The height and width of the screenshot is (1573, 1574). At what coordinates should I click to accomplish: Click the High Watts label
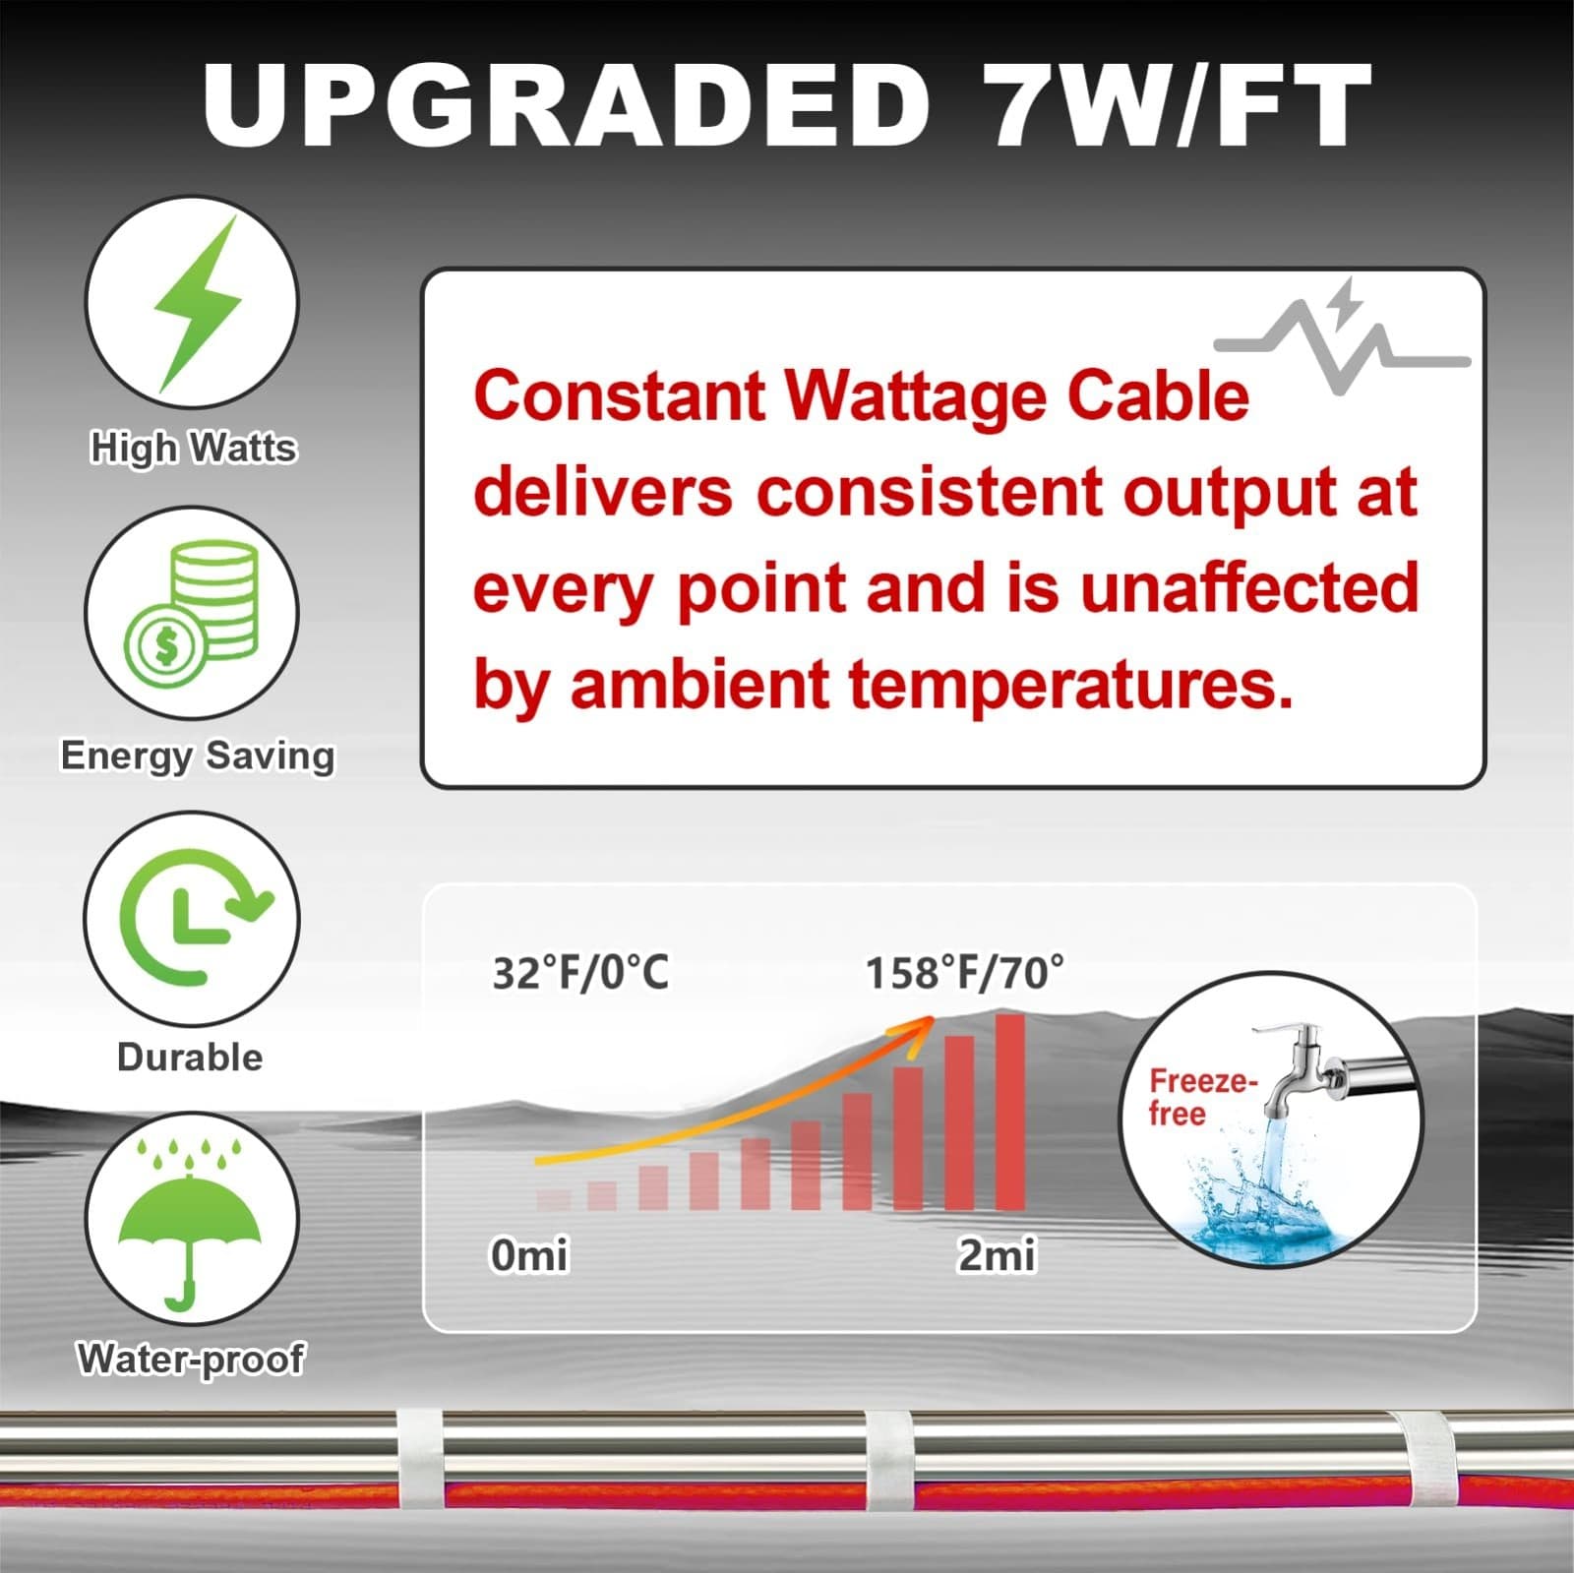[x=193, y=448]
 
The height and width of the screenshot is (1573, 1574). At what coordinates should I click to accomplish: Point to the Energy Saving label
[x=198, y=756]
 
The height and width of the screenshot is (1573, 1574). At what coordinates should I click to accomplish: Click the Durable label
[x=190, y=1058]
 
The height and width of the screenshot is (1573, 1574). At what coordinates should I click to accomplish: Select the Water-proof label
[x=191, y=1359]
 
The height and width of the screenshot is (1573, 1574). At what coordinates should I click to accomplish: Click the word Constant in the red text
[x=620, y=395]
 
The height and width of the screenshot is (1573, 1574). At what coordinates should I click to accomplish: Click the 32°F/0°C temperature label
[x=580, y=973]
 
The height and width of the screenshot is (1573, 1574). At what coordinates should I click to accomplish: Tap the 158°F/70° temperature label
[x=964, y=973]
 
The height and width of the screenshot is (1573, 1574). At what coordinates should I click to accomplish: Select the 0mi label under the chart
[x=529, y=1255]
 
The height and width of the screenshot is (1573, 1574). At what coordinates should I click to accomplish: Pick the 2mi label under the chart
[x=997, y=1255]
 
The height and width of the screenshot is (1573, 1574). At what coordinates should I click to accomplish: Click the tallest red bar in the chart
[x=1010, y=1112]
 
